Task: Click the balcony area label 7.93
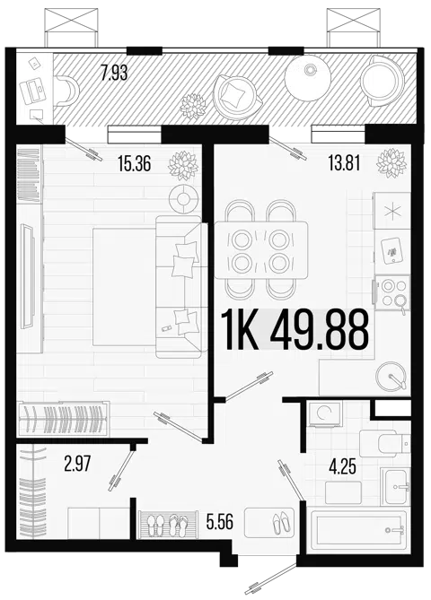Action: [114, 73]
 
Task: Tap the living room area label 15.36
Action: [135, 164]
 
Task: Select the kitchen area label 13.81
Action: [344, 164]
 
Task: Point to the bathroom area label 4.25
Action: [342, 466]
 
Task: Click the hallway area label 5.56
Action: [220, 521]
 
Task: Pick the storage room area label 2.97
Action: [77, 465]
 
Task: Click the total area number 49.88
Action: [319, 330]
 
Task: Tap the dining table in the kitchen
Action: [261, 250]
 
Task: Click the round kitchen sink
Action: [391, 376]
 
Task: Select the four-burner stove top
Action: [393, 292]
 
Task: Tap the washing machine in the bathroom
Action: [325, 413]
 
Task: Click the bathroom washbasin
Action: [395, 486]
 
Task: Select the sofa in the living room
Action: [180, 287]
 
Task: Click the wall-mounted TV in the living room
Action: [28, 275]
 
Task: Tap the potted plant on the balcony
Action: [193, 106]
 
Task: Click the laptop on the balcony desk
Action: [32, 91]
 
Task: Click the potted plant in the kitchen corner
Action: [391, 162]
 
